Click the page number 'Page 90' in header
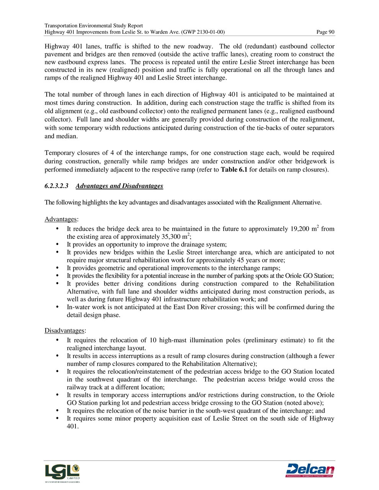coord(325,32)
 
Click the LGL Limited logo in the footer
coord(62,473)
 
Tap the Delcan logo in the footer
coord(310,470)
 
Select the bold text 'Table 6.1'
coord(234,170)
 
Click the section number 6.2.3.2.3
coord(56,186)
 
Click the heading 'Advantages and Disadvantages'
coord(119,186)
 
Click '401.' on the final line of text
coord(73,426)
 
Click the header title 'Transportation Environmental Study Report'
coord(94,26)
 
